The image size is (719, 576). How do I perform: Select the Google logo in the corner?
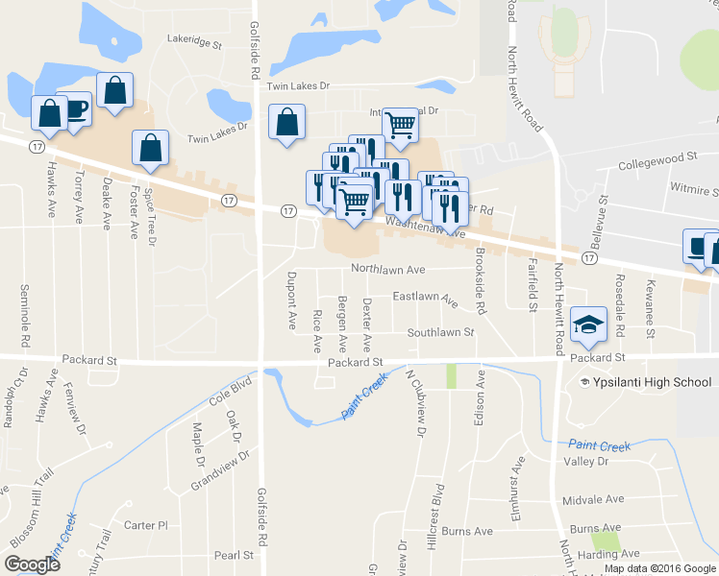click(x=32, y=564)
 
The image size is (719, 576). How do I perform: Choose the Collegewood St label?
click(x=657, y=156)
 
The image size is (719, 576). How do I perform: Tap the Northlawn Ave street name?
click(x=387, y=270)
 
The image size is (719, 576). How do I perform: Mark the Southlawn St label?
click(x=440, y=332)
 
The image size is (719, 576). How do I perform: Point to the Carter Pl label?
click(x=146, y=525)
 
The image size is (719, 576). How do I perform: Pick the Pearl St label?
click(x=234, y=555)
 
